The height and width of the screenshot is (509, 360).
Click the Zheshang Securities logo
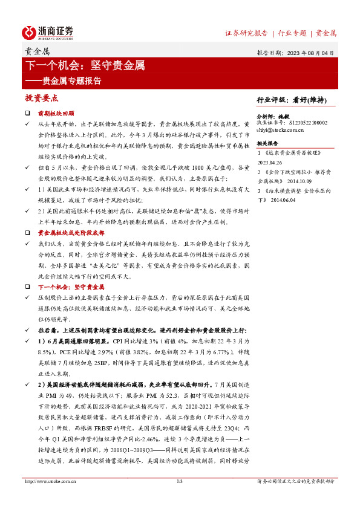point(48,32)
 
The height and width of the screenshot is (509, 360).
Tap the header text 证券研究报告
point(246,33)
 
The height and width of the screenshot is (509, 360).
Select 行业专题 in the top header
point(292,33)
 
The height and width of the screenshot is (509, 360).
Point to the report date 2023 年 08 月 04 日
point(309,53)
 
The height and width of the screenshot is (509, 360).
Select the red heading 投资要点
point(41,98)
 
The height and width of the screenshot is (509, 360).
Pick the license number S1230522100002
point(308,122)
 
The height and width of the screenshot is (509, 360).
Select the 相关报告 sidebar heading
point(267,143)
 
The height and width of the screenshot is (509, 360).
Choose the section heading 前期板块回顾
point(56,113)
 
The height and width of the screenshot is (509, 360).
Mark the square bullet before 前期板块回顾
point(27,113)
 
